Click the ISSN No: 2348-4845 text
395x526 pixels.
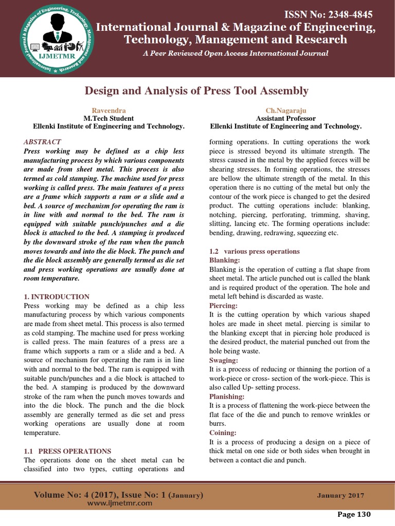[325, 14]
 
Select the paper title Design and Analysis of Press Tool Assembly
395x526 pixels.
[196, 91]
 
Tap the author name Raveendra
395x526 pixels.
[109, 111]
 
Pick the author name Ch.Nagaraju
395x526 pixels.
[285, 111]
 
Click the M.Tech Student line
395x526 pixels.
[109, 119]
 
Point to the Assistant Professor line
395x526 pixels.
[285, 119]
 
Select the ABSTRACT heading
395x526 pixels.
[43, 142]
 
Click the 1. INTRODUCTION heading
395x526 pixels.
[57, 297]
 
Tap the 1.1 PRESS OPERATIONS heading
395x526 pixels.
[67, 451]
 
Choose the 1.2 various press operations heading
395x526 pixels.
[254, 252]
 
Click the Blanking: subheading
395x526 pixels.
[224, 261]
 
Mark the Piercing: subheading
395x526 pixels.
[223, 306]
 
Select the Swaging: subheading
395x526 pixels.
[224, 360]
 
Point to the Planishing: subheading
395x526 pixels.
[227, 397]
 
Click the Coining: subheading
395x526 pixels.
[223, 433]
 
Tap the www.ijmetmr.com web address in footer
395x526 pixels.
[119, 503]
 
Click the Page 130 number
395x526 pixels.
[354, 514]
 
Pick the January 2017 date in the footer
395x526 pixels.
[340, 496]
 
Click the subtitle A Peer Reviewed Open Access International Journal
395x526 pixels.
[236, 53]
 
